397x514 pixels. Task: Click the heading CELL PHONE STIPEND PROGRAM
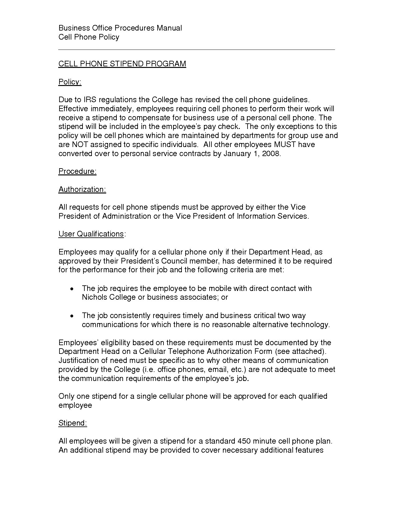coord(122,64)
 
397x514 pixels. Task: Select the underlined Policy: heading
coord(70,82)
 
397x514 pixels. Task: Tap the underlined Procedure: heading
coord(77,171)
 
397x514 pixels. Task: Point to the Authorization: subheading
coord(82,189)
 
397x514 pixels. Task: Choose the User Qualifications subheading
coord(91,234)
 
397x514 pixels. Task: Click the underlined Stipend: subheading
coord(73,423)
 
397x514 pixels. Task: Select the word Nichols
coord(94,297)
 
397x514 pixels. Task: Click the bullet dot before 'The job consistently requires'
coord(72,316)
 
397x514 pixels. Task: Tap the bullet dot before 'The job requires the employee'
coord(72,289)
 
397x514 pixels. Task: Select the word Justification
coord(78,360)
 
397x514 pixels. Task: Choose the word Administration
coord(126,216)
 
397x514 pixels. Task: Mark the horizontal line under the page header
coord(196,50)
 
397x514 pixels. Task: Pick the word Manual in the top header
coord(169,28)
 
